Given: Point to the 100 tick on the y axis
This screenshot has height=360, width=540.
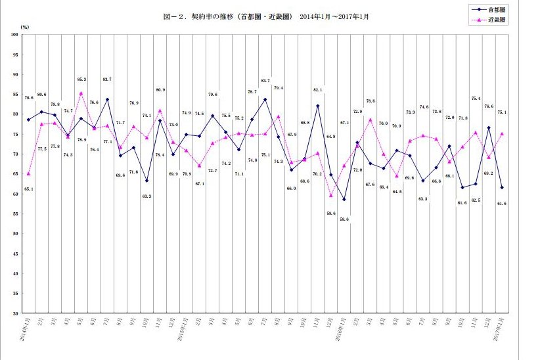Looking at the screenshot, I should tap(14, 34).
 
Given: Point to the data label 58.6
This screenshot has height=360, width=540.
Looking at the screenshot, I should tap(344, 219).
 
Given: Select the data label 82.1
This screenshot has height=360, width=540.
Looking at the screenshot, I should tap(318, 89).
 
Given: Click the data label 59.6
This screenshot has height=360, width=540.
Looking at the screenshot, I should tap(331, 213).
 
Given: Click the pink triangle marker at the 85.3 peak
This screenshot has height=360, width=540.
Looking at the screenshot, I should tap(81, 93).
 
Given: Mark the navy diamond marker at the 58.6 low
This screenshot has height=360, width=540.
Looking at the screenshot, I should tap(344, 200).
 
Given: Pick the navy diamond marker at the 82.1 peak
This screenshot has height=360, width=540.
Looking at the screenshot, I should tap(317, 106).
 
